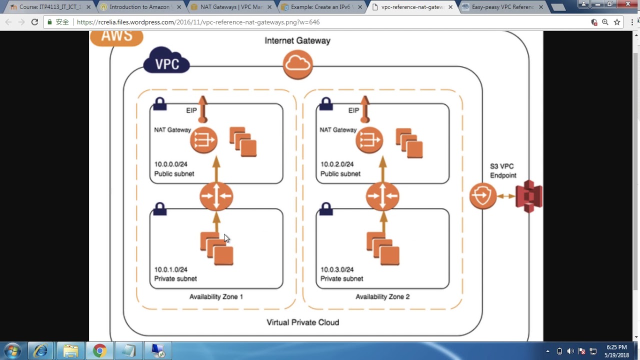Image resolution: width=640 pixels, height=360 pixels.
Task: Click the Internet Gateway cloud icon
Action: (298, 64)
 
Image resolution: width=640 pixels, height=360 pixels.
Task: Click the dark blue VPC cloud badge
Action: (166, 61)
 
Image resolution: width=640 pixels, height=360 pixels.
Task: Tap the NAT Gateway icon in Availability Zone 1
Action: (203, 140)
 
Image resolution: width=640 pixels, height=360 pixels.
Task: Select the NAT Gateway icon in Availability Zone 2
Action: (369, 140)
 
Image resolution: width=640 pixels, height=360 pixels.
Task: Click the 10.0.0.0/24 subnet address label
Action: (171, 164)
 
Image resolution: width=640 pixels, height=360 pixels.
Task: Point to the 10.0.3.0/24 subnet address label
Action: (337, 269)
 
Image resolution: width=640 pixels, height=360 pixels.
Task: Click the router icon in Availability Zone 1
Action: (216, 196)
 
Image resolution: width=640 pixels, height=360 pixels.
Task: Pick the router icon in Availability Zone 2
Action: (382, 196)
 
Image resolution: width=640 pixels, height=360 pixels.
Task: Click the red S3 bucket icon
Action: (529, 196)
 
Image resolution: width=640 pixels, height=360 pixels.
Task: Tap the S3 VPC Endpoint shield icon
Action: (483, 196)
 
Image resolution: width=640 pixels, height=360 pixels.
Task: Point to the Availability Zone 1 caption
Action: (216, 297)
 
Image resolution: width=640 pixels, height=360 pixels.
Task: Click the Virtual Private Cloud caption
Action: (303, 322)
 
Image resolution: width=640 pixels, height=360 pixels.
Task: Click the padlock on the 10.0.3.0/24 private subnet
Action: (326, 208)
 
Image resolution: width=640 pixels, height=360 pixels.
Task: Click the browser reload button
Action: (34, 22)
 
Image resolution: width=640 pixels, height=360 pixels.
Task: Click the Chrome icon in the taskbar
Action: (99, 350)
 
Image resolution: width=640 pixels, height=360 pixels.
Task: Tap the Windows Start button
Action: (12, 350)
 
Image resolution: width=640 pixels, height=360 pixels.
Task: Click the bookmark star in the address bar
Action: (617, 22)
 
